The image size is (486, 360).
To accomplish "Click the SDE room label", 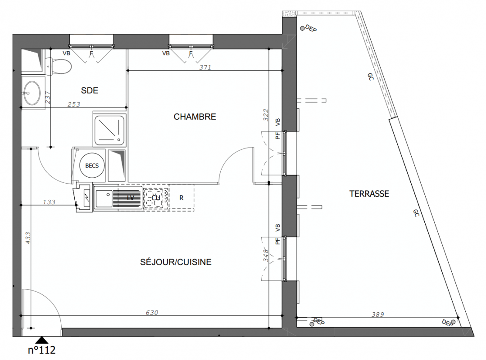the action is tap(90, 90).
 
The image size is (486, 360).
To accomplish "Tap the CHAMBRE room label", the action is tap(195, 117).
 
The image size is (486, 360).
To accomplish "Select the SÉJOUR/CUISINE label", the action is tap(176, 262).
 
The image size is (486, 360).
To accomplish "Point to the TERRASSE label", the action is tap(369, 194).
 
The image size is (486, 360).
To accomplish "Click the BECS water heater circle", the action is tap(92, 166).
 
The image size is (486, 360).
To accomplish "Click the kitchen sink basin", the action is tap(104, 198).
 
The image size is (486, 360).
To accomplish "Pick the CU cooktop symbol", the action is tap(156, 198).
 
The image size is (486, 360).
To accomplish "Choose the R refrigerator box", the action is tap(182, 198).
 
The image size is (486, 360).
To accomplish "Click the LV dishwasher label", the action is tap(131, 198).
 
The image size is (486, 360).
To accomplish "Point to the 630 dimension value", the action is tap(152, 313).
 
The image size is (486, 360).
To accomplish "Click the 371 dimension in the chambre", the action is tap(205, 67).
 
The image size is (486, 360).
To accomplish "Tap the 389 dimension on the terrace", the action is tap(378, 315).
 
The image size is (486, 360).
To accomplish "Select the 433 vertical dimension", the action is tap(28, 238).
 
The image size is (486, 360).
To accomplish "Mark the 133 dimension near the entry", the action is tap(49, 202).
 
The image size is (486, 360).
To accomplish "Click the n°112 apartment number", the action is tap(41, 350).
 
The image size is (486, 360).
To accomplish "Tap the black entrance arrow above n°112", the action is tap(41, 341).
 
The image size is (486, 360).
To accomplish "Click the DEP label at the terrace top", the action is tap(311, 28).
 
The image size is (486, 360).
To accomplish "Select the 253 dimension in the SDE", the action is tap(74, 105).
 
